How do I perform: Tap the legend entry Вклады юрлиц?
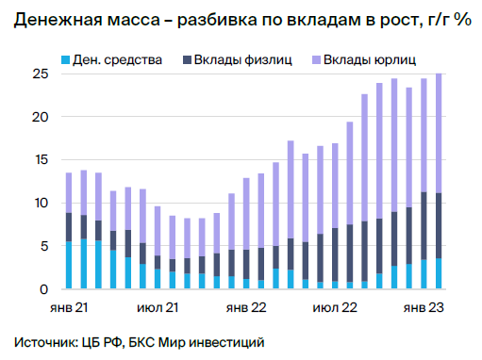(369, 59)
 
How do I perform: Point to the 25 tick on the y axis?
(40, 74)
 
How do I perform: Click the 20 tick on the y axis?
(40, 118)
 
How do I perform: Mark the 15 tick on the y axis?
(40, 160)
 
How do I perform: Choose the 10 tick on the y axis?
(40, 203)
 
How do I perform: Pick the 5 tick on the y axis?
(43, 246)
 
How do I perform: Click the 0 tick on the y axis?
(43, 288)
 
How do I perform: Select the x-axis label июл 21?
(159, 307)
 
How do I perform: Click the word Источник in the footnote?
(43, 340)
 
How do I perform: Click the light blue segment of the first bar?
(68, 265)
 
